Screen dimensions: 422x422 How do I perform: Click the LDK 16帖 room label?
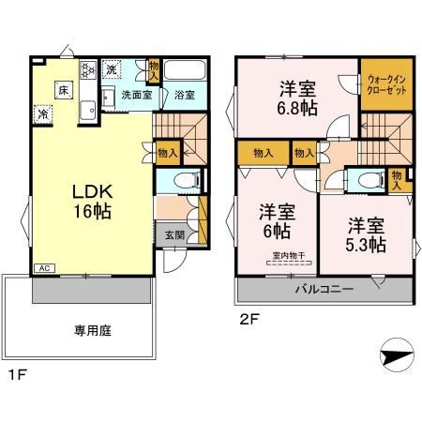91,201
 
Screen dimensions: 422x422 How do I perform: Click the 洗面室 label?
136,96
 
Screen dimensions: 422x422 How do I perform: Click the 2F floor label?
248,319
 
